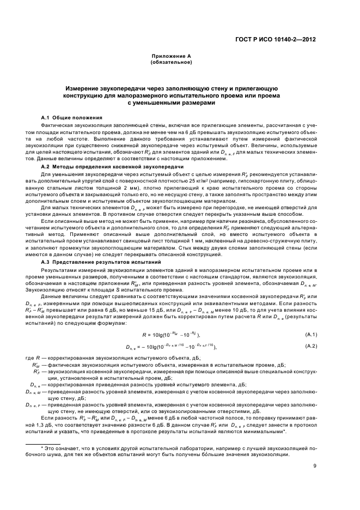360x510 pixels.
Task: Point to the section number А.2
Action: [46, 166]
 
